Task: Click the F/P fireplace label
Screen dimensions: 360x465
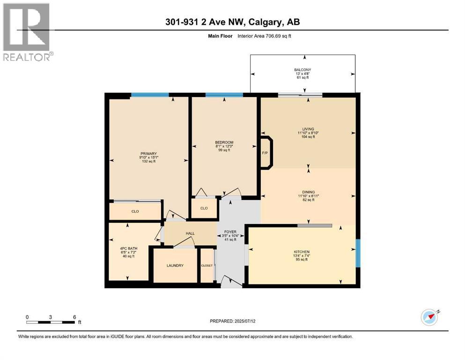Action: coord(265,153)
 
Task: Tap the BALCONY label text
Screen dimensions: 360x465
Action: coord(302,70)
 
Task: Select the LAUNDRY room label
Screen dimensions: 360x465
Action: coord(175,266)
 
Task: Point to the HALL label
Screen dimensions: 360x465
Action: coord(190,233)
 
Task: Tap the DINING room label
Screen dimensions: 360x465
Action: coord(308,192)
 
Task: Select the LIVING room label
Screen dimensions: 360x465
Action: coord(308,129)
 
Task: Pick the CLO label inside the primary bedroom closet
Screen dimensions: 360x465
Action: coord(135,211)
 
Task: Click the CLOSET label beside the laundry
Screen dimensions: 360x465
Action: coord(207,266)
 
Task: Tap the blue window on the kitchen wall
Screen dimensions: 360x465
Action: coord(358,253)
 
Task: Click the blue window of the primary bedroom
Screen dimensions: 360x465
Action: coord(149,95)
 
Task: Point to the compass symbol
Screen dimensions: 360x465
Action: coord(429,317)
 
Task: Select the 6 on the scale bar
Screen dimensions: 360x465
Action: coord(74,317)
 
